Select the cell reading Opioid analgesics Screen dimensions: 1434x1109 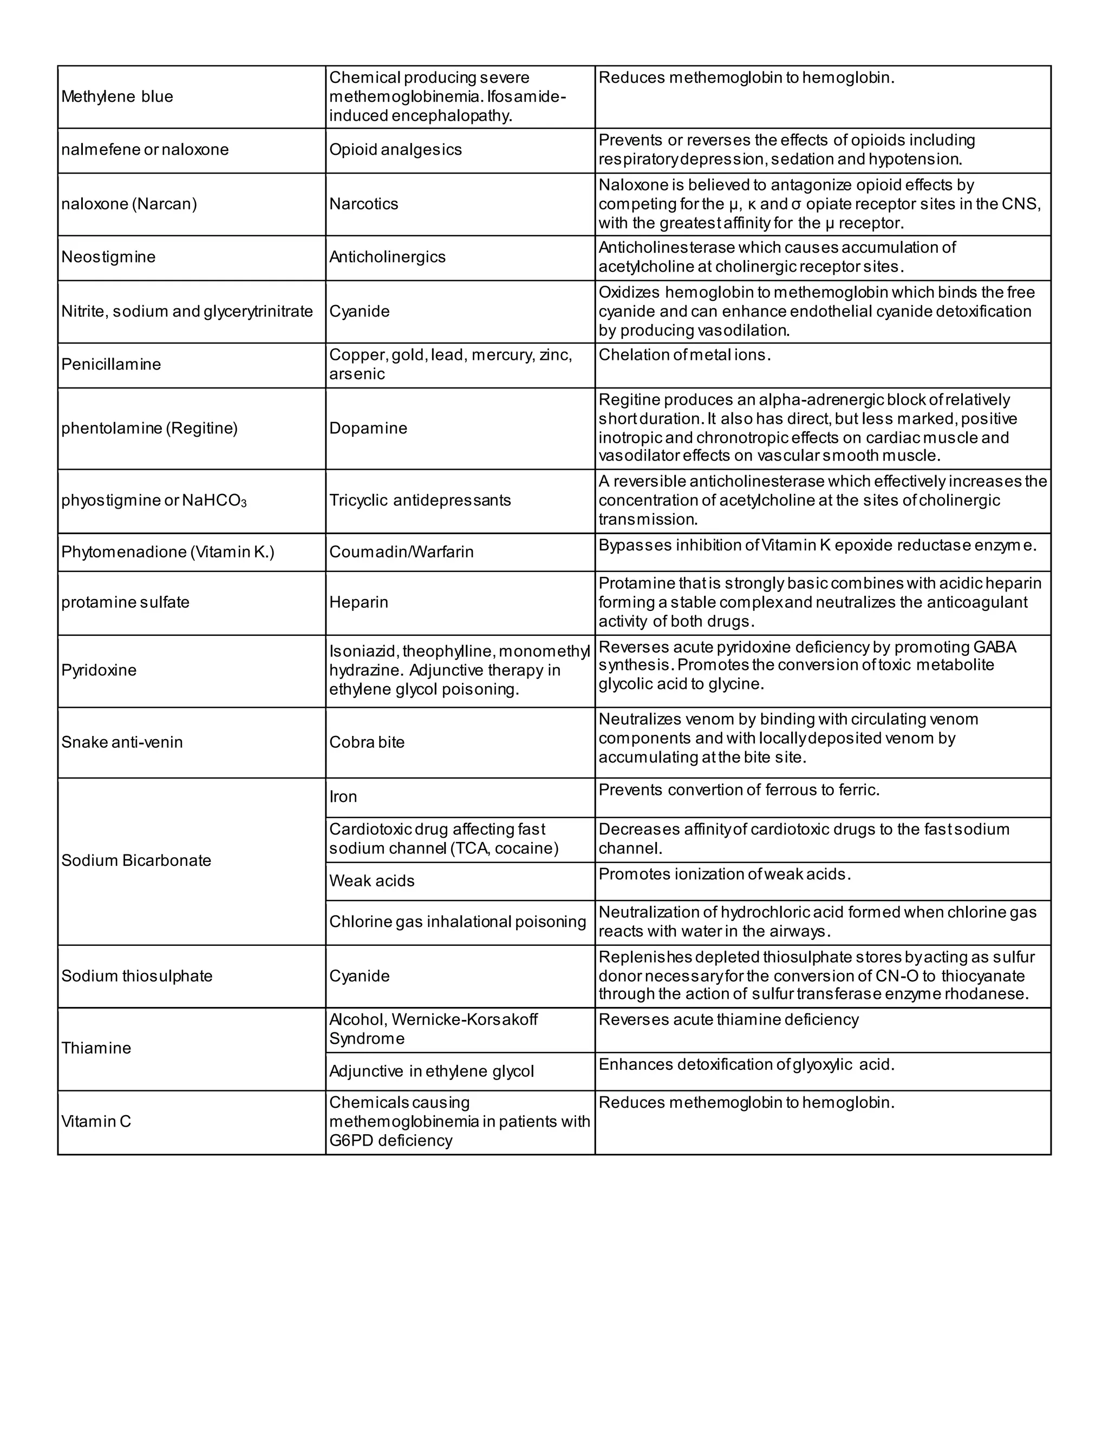click(395, 150)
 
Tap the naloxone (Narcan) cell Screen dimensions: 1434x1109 click(129, 203)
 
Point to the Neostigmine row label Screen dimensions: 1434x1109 click(108, 256)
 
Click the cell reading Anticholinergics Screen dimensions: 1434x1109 click(387, 256)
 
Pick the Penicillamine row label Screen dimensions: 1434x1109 click(111, 364)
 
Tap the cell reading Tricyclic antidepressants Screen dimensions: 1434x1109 click(420, 501)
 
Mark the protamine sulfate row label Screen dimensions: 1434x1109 click(125, 602)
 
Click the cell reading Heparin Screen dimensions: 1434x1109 click(358, 602)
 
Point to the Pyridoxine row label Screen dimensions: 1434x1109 click(99, 670)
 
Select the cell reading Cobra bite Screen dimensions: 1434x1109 click(367, 742)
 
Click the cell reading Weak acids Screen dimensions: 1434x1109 click(372, 880)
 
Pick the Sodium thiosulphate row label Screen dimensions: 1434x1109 click(136, 976)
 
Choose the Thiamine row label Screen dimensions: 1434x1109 click(96, 1048)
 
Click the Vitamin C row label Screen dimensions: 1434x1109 click(96, 1121)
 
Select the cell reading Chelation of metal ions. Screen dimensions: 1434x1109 click(684, 355)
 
